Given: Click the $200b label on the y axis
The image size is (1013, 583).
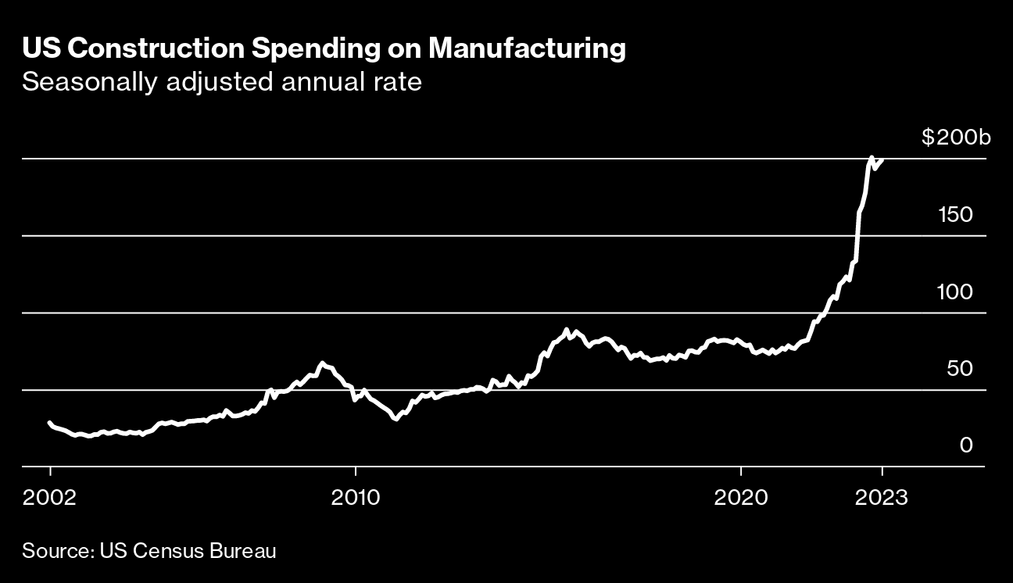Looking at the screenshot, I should click(x=955, y=139).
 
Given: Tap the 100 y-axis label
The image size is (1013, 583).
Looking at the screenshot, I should click(x=954, y=292).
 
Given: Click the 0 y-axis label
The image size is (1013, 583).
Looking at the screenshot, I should click(x=966, y=445).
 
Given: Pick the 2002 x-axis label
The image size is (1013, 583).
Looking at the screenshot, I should click(x=50, y=498).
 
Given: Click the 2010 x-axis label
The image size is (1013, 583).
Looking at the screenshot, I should click(x=356, y=498).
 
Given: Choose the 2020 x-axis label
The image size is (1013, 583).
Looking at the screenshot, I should click(x=740, y=498).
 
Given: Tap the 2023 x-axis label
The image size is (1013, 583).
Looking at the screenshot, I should click(x=882, y=498).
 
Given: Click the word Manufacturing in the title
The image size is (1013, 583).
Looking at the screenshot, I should click(x=528, y=49).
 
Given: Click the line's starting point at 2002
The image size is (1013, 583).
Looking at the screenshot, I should click(x=50, y=423).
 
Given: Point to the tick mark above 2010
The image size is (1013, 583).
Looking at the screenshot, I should click(x=356, y=470).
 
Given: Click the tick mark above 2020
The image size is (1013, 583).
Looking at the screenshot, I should click(x=740, y=470).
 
